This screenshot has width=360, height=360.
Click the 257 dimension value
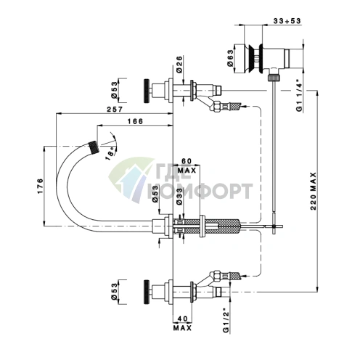point(115,110)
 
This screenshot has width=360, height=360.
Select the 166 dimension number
point(135,121)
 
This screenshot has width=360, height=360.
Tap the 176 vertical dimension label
point(40,186)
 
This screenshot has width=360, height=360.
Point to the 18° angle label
point(110,154)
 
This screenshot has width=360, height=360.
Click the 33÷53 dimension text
point(287,21)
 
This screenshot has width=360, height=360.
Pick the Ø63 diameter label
point(230,58)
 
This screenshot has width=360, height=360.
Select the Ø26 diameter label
point(179,65)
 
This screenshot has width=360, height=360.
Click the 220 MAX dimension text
point(313,191)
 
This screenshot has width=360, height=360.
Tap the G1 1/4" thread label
point(300,97)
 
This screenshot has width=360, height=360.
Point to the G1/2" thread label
point(226,320)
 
